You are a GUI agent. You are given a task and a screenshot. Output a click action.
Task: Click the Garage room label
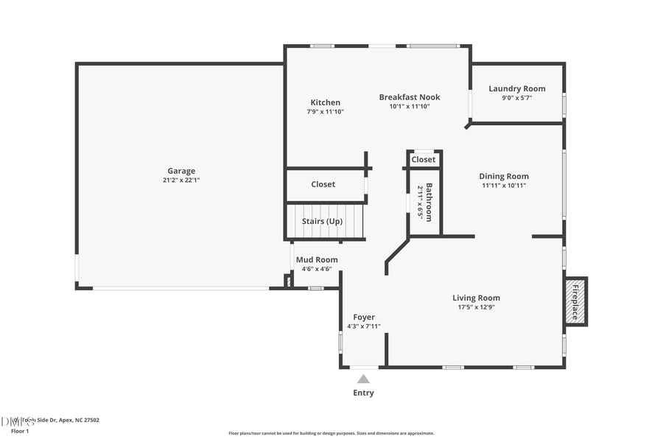[181, 171]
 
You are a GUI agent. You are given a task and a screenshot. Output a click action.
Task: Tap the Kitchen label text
[325, 102]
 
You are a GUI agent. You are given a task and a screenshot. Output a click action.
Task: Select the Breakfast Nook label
[410, 97]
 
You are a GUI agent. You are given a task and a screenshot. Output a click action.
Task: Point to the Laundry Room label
[517, 89]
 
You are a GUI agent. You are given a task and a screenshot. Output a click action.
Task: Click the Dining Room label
[504, 176]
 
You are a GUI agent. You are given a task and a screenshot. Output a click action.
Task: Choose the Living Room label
[476, 298]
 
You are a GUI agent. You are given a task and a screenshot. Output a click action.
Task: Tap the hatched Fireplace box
[575, 301]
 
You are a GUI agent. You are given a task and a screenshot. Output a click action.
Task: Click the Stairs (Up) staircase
[325, 221]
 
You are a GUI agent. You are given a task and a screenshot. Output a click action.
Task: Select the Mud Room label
[317, 259]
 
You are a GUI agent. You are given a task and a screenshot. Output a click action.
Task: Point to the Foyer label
[364, 317]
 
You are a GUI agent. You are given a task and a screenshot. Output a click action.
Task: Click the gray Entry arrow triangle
[363, 379]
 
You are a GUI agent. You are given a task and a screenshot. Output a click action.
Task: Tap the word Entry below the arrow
[363, 393]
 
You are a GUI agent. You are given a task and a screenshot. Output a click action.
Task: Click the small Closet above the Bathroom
[424, 159]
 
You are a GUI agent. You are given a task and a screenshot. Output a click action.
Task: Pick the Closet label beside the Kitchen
[323, 184]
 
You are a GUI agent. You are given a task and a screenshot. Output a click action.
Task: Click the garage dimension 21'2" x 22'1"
[181, 180]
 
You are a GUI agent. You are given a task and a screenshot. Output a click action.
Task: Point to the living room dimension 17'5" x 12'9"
[476, 307]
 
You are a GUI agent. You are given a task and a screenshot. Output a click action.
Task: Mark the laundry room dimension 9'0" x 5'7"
[517, 98]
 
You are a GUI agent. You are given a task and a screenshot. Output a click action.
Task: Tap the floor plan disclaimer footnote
[331, 433]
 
